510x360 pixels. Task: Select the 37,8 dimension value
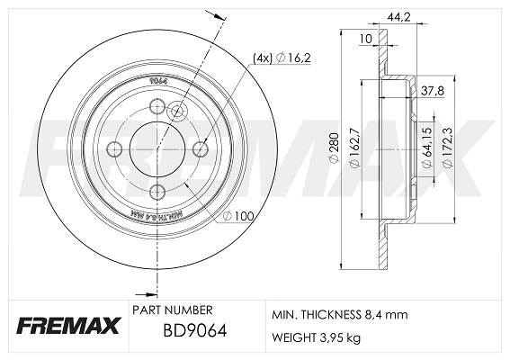point(434,89)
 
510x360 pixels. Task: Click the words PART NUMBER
point(173,309)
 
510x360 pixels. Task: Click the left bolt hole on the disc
point(114,149)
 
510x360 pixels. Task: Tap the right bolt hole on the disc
point(200,148)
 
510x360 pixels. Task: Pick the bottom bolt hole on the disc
point(157,191)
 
